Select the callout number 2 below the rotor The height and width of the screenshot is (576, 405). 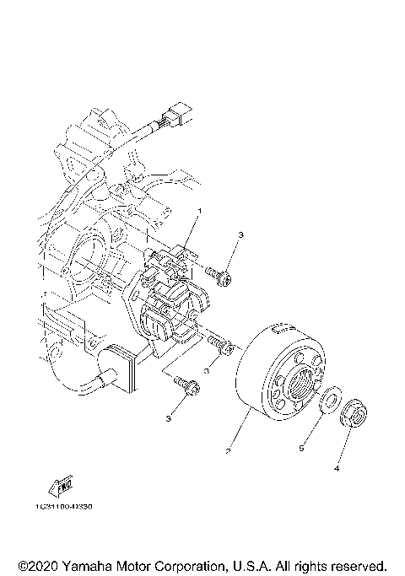click(227, 452)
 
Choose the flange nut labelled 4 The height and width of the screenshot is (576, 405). click(354, 414)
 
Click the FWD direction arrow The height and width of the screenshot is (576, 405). click(63, 486)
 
